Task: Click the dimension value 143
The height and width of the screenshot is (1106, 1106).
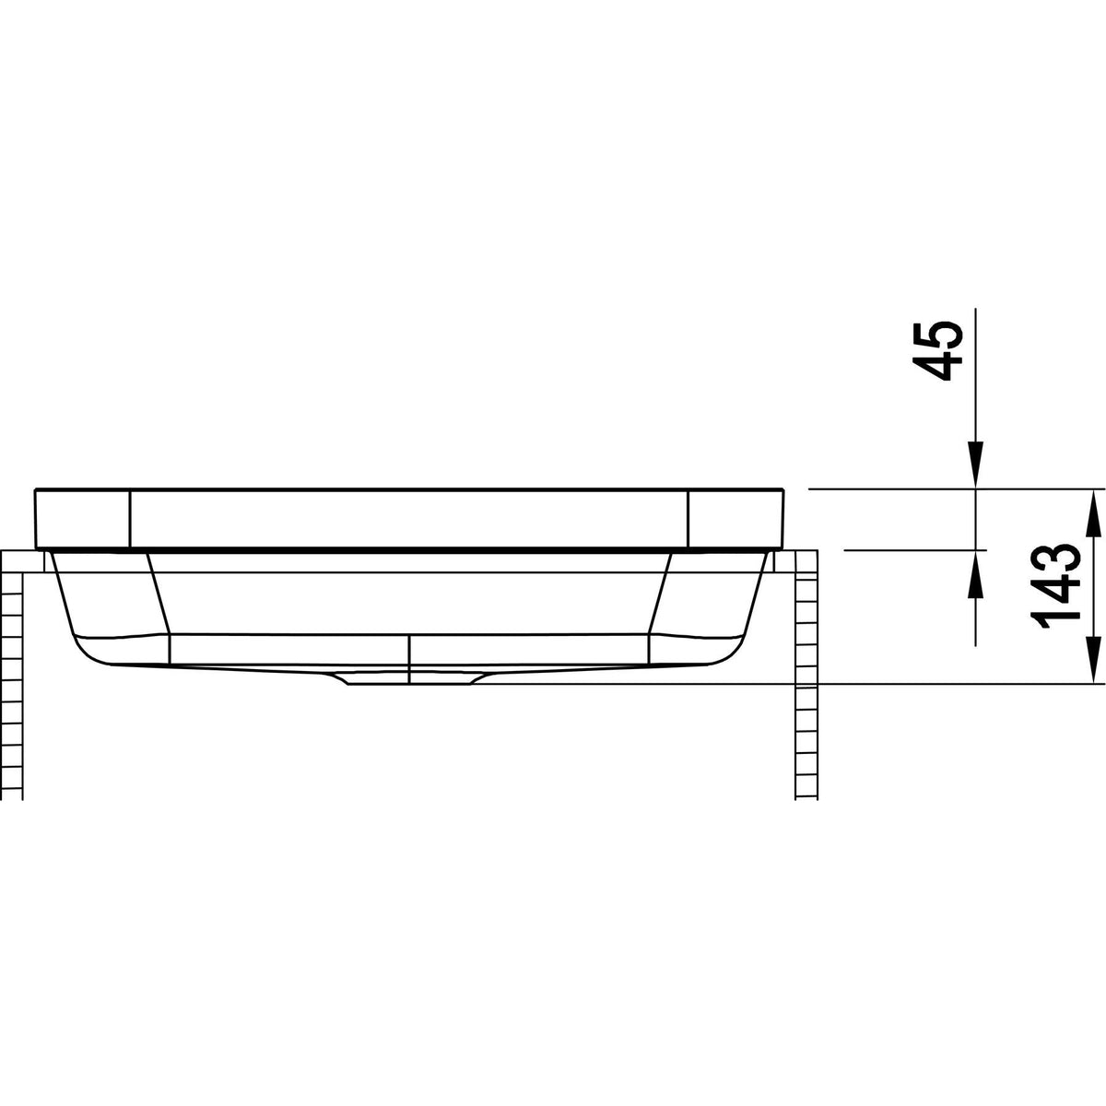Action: [1056, 585]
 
